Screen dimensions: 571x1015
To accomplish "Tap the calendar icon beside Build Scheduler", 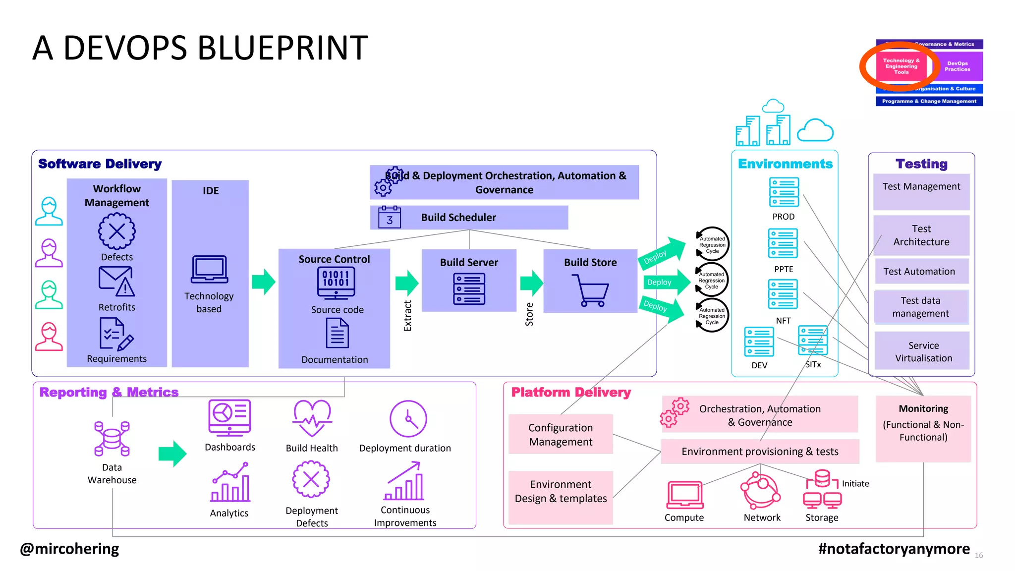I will click(x=389, y=217).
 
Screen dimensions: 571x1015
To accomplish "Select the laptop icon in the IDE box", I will click(x=209, y=270).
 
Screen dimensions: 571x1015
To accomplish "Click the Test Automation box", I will click(x=919, y=271).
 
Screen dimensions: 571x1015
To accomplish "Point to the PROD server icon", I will click(x=784, y=192).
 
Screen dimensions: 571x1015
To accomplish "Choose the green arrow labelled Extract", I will click(x=407, y=283).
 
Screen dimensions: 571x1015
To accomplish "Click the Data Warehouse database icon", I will click(x=112, y=439).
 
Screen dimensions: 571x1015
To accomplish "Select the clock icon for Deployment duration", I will click(x=408, y=419).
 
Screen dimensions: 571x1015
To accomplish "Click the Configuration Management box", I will click(x=561, y=434).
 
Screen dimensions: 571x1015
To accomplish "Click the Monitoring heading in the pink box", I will click(x=923, y=408).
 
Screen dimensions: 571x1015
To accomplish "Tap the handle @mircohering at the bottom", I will click(x=69, y=549).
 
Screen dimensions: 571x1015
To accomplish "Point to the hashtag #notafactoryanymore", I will click(x=894, y=549).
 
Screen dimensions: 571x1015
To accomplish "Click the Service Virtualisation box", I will click(x=923, y=351).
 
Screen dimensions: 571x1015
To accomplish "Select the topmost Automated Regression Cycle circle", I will click(x=712, y=244).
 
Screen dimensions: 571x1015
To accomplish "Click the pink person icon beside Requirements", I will click(x=49, y=337).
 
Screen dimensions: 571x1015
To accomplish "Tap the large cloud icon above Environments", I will click(x=815, y=130).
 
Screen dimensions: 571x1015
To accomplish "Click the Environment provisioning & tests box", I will click(x=759, y=451).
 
